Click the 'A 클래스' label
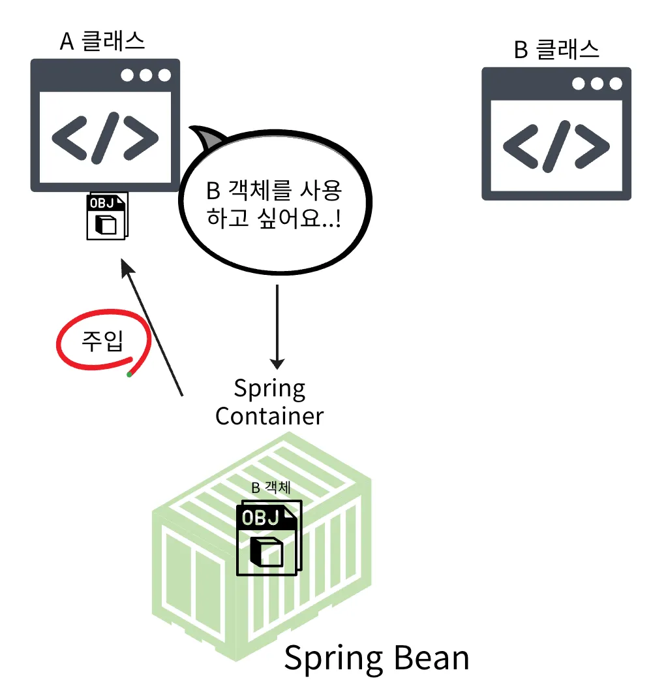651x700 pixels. point(102,41)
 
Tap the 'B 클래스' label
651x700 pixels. point(556,49)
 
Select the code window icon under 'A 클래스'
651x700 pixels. point(105,125)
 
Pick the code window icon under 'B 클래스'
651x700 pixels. point(556,133)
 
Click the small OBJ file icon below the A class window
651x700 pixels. point(107,216)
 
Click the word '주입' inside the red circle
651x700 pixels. point(102,342)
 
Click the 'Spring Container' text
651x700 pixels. point(269,402)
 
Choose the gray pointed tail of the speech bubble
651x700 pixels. point(208,136)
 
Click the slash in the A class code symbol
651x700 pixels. point(105,137)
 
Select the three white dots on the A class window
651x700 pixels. point(145,75)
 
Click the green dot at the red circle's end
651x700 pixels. point(129,374)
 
